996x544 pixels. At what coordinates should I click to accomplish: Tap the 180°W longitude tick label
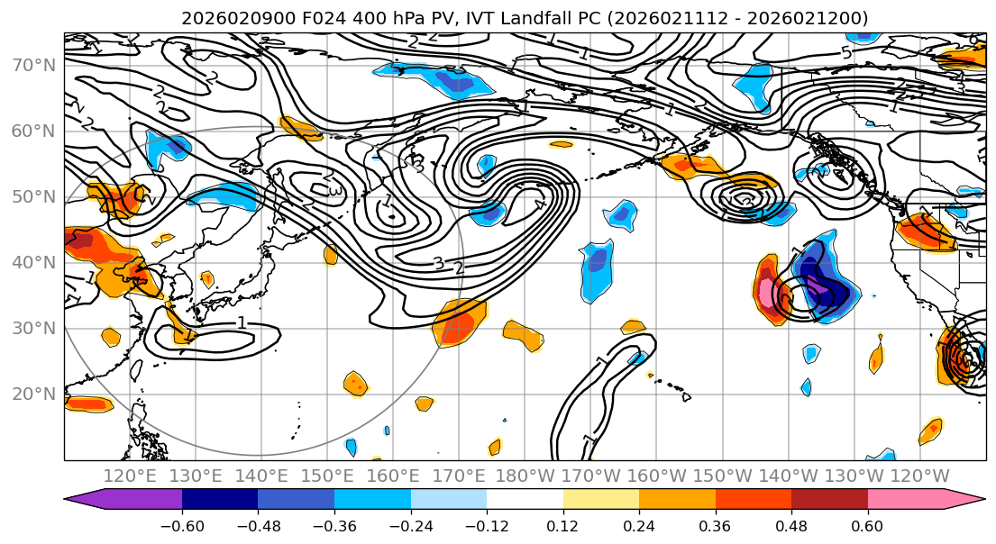click(525, 476)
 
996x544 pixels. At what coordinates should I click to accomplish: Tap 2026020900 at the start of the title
click(221, 18)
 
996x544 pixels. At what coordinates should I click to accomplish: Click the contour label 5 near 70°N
click(846, 53)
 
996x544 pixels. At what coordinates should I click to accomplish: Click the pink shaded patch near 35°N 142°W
click(766, 294)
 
